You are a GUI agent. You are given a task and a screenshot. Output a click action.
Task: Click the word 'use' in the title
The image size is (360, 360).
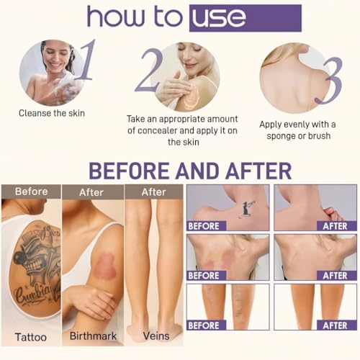[219, 18]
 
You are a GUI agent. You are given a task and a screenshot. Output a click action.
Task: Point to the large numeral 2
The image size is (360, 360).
[148, 70]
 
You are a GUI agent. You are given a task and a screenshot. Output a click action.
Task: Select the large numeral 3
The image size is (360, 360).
[329, 81]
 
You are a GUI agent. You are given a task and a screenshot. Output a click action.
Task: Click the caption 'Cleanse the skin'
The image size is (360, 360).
[52, 113]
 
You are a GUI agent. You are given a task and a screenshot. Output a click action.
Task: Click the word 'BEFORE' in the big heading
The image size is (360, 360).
[129, 171]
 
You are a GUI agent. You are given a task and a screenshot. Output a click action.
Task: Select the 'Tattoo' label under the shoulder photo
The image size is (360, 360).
[31, 337]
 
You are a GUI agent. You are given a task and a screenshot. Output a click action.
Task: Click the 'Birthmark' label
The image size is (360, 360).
[93, 336]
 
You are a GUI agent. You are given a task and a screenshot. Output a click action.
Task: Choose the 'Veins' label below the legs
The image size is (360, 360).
[156, 336]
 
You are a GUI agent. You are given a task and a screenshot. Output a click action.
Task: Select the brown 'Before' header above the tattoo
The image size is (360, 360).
[31, 192]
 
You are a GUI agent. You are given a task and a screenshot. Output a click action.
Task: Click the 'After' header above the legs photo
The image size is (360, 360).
[154, 192]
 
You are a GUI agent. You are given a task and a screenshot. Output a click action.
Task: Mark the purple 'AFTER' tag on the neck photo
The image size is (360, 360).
[335, 226]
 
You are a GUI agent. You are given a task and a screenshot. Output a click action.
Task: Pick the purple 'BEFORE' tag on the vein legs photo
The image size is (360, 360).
[204, 325]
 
